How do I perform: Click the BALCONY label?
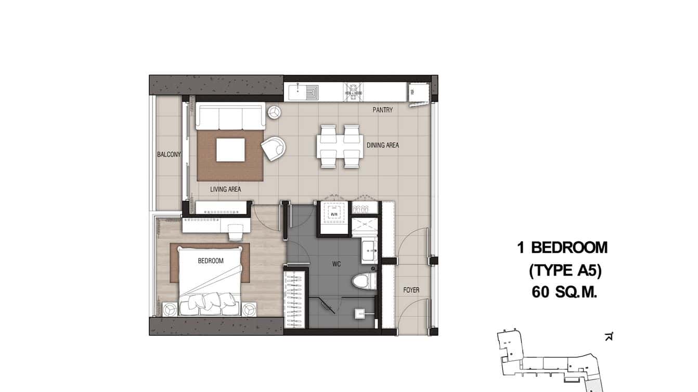169,154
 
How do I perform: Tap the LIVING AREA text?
225,189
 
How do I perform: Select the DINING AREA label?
382,145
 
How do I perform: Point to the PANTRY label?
382,110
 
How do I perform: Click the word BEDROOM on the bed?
211,260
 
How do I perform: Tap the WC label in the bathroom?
336,264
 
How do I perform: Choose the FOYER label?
411,290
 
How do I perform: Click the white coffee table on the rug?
230,150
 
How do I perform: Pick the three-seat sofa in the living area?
230,117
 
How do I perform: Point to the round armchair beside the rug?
273,148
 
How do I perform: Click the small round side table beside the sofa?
274,112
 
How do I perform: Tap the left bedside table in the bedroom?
170,309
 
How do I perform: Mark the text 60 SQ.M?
564,293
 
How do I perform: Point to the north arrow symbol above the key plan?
609,337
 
